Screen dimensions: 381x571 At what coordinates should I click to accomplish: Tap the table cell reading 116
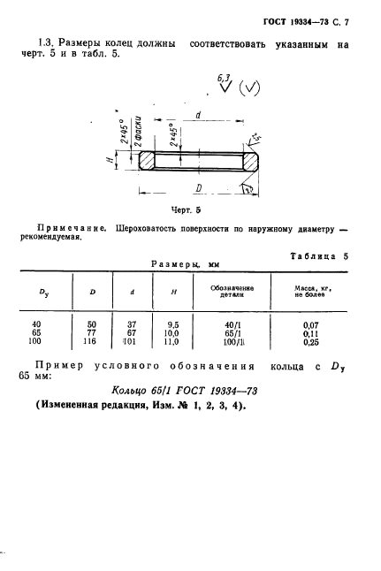click(x=91, y=340)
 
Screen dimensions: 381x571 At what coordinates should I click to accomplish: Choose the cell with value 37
click(x=133, y=324)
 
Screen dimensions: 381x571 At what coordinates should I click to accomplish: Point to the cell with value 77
click(x=91, y=332)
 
